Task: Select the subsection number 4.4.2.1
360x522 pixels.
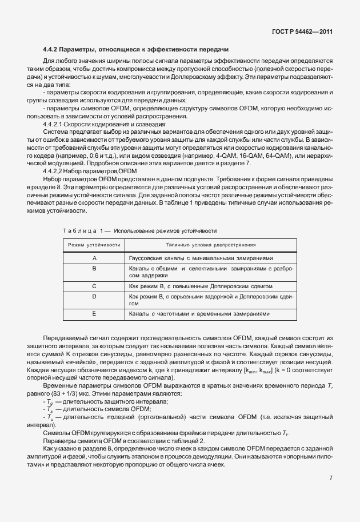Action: (x=55, y=124)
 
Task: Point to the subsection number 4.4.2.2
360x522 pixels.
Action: (x=55, y=170)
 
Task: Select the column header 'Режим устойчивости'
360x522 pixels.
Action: (x=94, y=245)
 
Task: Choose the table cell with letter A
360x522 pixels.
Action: (x=94, y=258)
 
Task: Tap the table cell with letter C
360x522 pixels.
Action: (x=94, y=285)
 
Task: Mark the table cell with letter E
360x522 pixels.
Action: (x=94, y=314)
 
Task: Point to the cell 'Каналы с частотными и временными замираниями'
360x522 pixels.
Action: (x=199, y=314)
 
